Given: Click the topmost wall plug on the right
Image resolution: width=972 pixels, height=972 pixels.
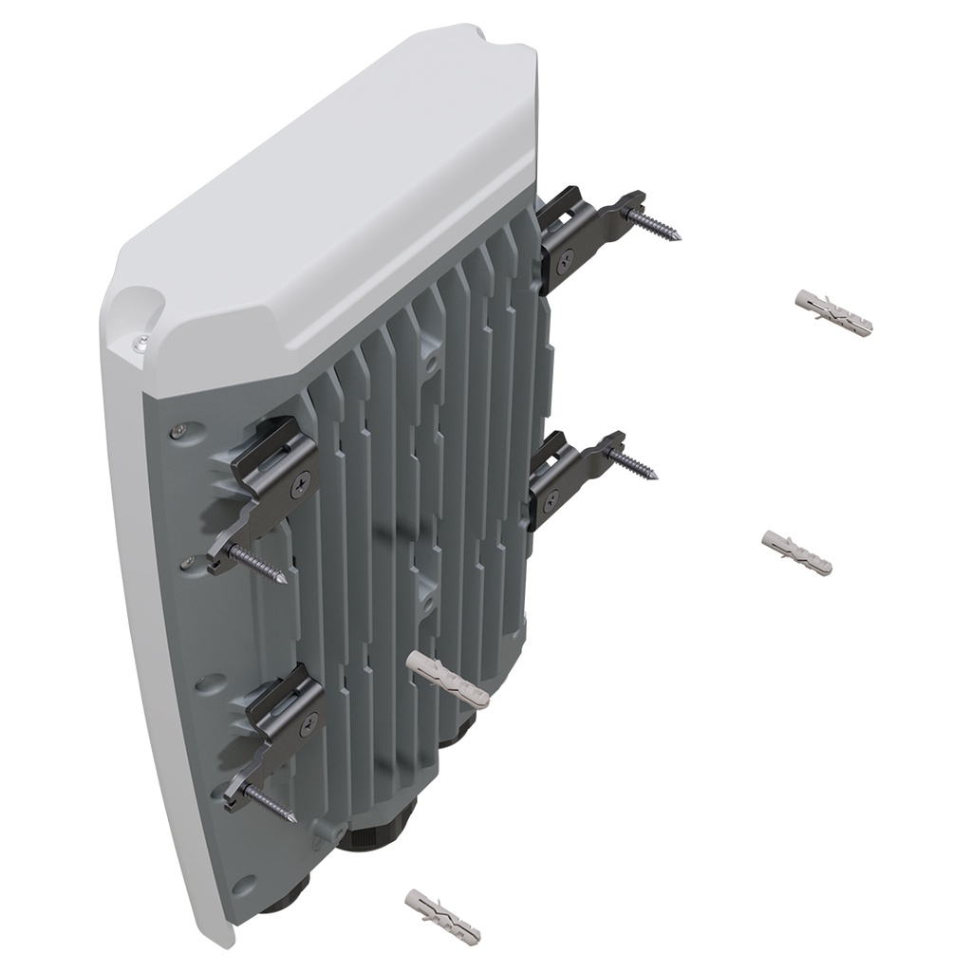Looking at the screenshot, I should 832,312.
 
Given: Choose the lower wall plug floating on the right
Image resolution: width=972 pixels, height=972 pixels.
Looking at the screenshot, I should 797,552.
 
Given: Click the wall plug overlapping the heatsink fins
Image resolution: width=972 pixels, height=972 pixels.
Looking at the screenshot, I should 446,679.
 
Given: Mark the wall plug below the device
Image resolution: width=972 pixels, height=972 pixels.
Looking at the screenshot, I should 442,916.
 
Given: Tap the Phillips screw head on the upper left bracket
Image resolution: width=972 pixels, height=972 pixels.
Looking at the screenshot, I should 303,481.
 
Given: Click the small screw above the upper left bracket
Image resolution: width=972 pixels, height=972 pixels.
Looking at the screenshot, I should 178,432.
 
